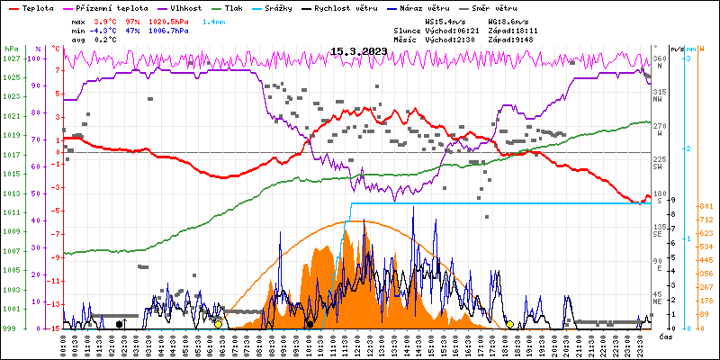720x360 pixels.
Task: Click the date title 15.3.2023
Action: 359,51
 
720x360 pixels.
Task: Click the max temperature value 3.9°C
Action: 105,21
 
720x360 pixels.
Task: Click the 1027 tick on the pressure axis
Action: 12,58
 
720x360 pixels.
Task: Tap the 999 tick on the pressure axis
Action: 12,328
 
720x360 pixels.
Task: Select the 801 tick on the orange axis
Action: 706,206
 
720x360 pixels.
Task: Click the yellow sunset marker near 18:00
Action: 509,324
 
